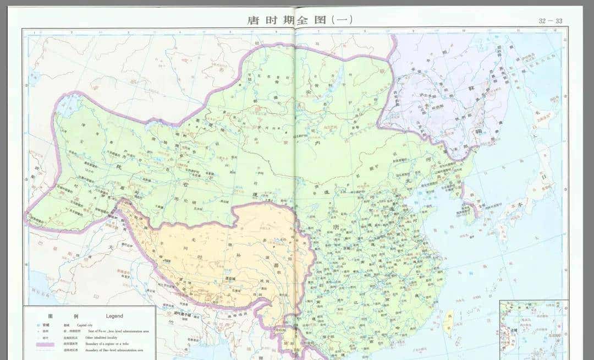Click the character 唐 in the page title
click(x=254, y=20)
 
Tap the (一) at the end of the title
click(x=341, y=20)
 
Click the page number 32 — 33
click(x=550, y=21)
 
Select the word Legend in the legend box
click(x=114, y=316)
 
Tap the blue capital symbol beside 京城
click(x=38, y=325)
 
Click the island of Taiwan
click(x=449, y=318)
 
